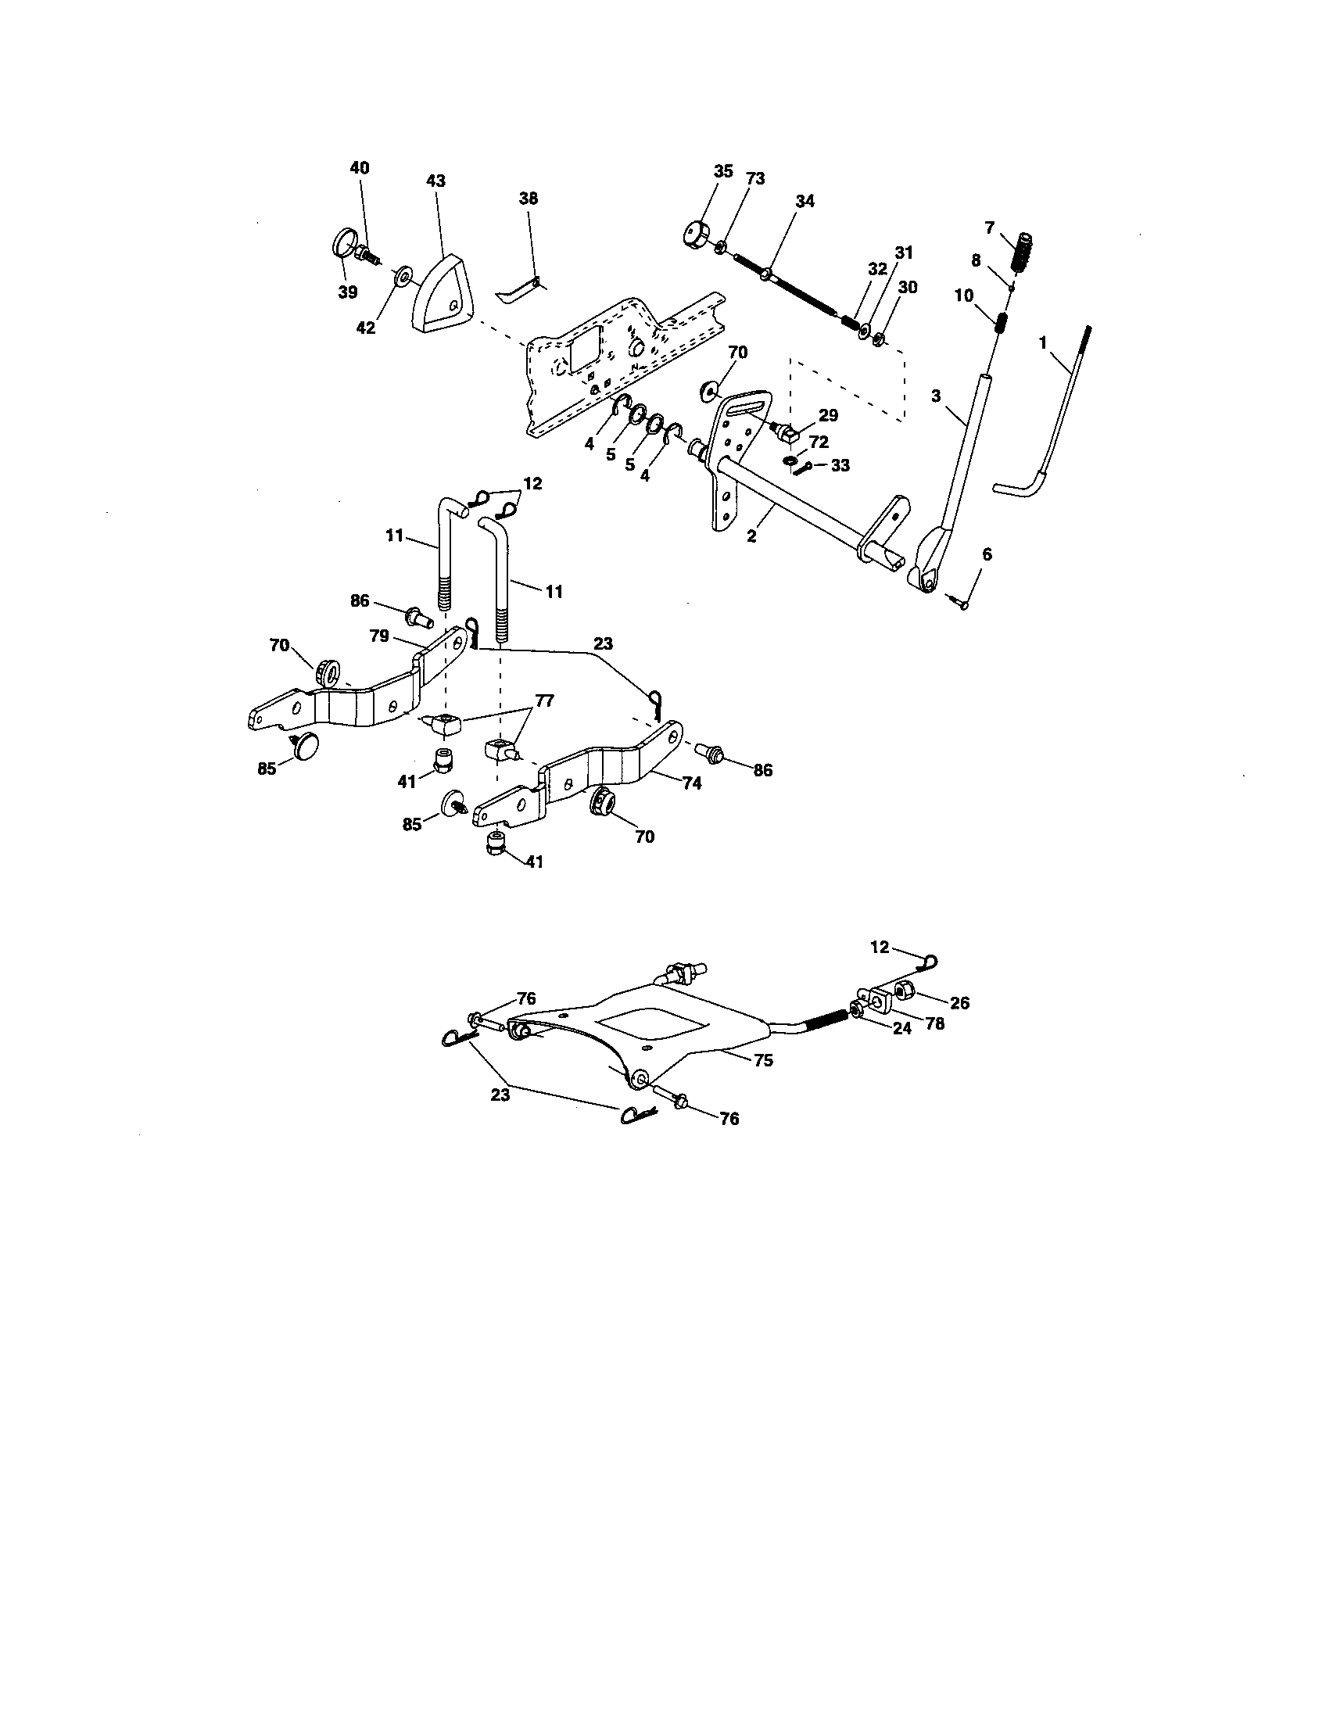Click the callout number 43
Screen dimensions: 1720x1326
(x=435, y=181)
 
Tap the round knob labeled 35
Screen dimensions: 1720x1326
(x=694, y=235)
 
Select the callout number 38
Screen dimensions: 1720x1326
(x=529, y=199)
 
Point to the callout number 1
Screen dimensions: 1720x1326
(x=1042, y=342)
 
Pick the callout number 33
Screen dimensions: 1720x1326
(x=840, y=465)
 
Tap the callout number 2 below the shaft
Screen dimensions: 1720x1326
(x=751, y=536)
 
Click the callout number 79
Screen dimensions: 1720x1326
(x=380, y=636)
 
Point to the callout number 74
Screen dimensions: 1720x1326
(x=692, y=783)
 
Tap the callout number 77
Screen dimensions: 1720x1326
(x=543, y=700)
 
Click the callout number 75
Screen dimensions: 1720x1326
(x=762, y=1060)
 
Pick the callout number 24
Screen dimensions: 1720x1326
(x=901, y=1028)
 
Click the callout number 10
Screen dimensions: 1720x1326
(x=964, y=296)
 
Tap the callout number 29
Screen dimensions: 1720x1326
(x=827, y=415)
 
